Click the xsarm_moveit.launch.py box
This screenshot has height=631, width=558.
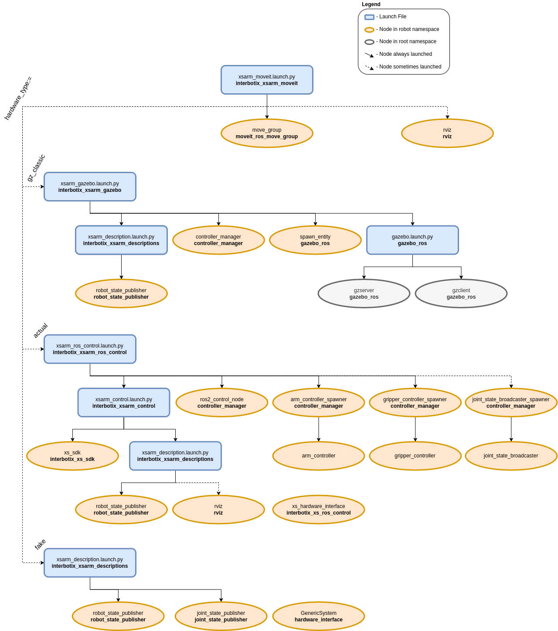[x=267, y=80]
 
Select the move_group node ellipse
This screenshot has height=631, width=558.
[x=267, y=133]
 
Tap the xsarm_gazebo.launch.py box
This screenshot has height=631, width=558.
[x=90, y=187]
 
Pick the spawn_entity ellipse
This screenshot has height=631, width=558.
[x=315, y=240]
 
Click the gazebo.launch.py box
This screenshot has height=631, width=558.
[x=412, y=240]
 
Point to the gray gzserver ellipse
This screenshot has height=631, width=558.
[x=364, y=293]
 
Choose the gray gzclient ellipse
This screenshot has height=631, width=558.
[x=461, y=293]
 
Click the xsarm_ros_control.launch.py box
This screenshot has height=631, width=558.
[x=90, y=349]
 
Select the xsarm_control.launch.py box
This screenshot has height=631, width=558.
[x=124, y=402]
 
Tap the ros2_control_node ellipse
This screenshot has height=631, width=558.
[x=222, y=402]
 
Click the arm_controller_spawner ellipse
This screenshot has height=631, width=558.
[x=319, y=402]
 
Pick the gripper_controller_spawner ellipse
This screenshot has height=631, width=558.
[x=415, y=402]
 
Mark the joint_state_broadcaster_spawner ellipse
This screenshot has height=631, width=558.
[x=511, y=402]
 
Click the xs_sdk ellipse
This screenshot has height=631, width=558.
[x=72, y=456]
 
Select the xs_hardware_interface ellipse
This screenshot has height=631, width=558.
[x=319, y=509]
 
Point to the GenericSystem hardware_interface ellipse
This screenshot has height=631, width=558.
[x=319, y=616]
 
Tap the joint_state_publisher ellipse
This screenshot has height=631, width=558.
[x=221, y=616]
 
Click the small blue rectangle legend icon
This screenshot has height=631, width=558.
[x=369, y=17]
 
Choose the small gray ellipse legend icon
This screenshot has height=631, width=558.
[x=369, y=42]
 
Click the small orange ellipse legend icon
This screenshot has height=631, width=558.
[x=369, y=30]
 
